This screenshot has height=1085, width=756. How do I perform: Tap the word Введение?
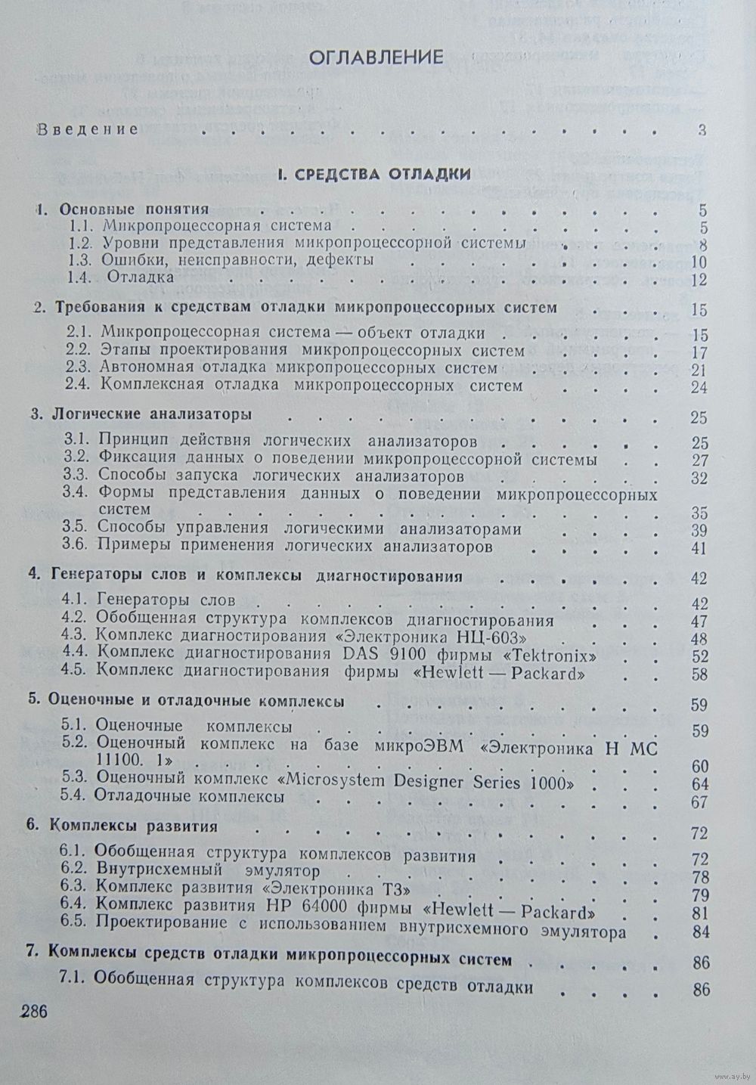point(88,129)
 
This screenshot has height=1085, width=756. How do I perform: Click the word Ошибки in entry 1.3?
point(127,260)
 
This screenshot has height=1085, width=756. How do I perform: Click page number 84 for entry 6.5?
point(700,932)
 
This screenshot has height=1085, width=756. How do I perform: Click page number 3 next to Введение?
point(702,130)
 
